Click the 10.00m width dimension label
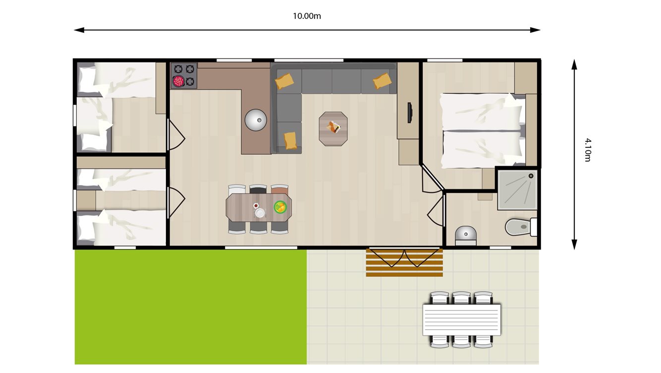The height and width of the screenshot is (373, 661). pos(307,16)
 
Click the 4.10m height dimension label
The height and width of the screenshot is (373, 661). pos(587,150)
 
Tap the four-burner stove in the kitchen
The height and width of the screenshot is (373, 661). pos(184,75)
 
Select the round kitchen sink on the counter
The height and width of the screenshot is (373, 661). pos(256,120)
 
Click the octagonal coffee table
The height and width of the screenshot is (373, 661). pos(333,128)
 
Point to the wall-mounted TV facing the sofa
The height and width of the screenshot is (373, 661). pos(409,113)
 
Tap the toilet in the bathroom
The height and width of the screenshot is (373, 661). pos(519,227)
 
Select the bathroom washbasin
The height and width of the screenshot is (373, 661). pos(465,234)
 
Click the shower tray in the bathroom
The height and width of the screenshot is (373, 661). pos(517,190)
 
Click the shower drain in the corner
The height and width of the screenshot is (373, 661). pos(531,176)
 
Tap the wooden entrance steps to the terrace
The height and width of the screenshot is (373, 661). pos(404,263)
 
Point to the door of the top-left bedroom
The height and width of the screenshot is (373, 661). pos(176,135)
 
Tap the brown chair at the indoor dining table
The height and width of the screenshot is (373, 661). pos(280,189)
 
